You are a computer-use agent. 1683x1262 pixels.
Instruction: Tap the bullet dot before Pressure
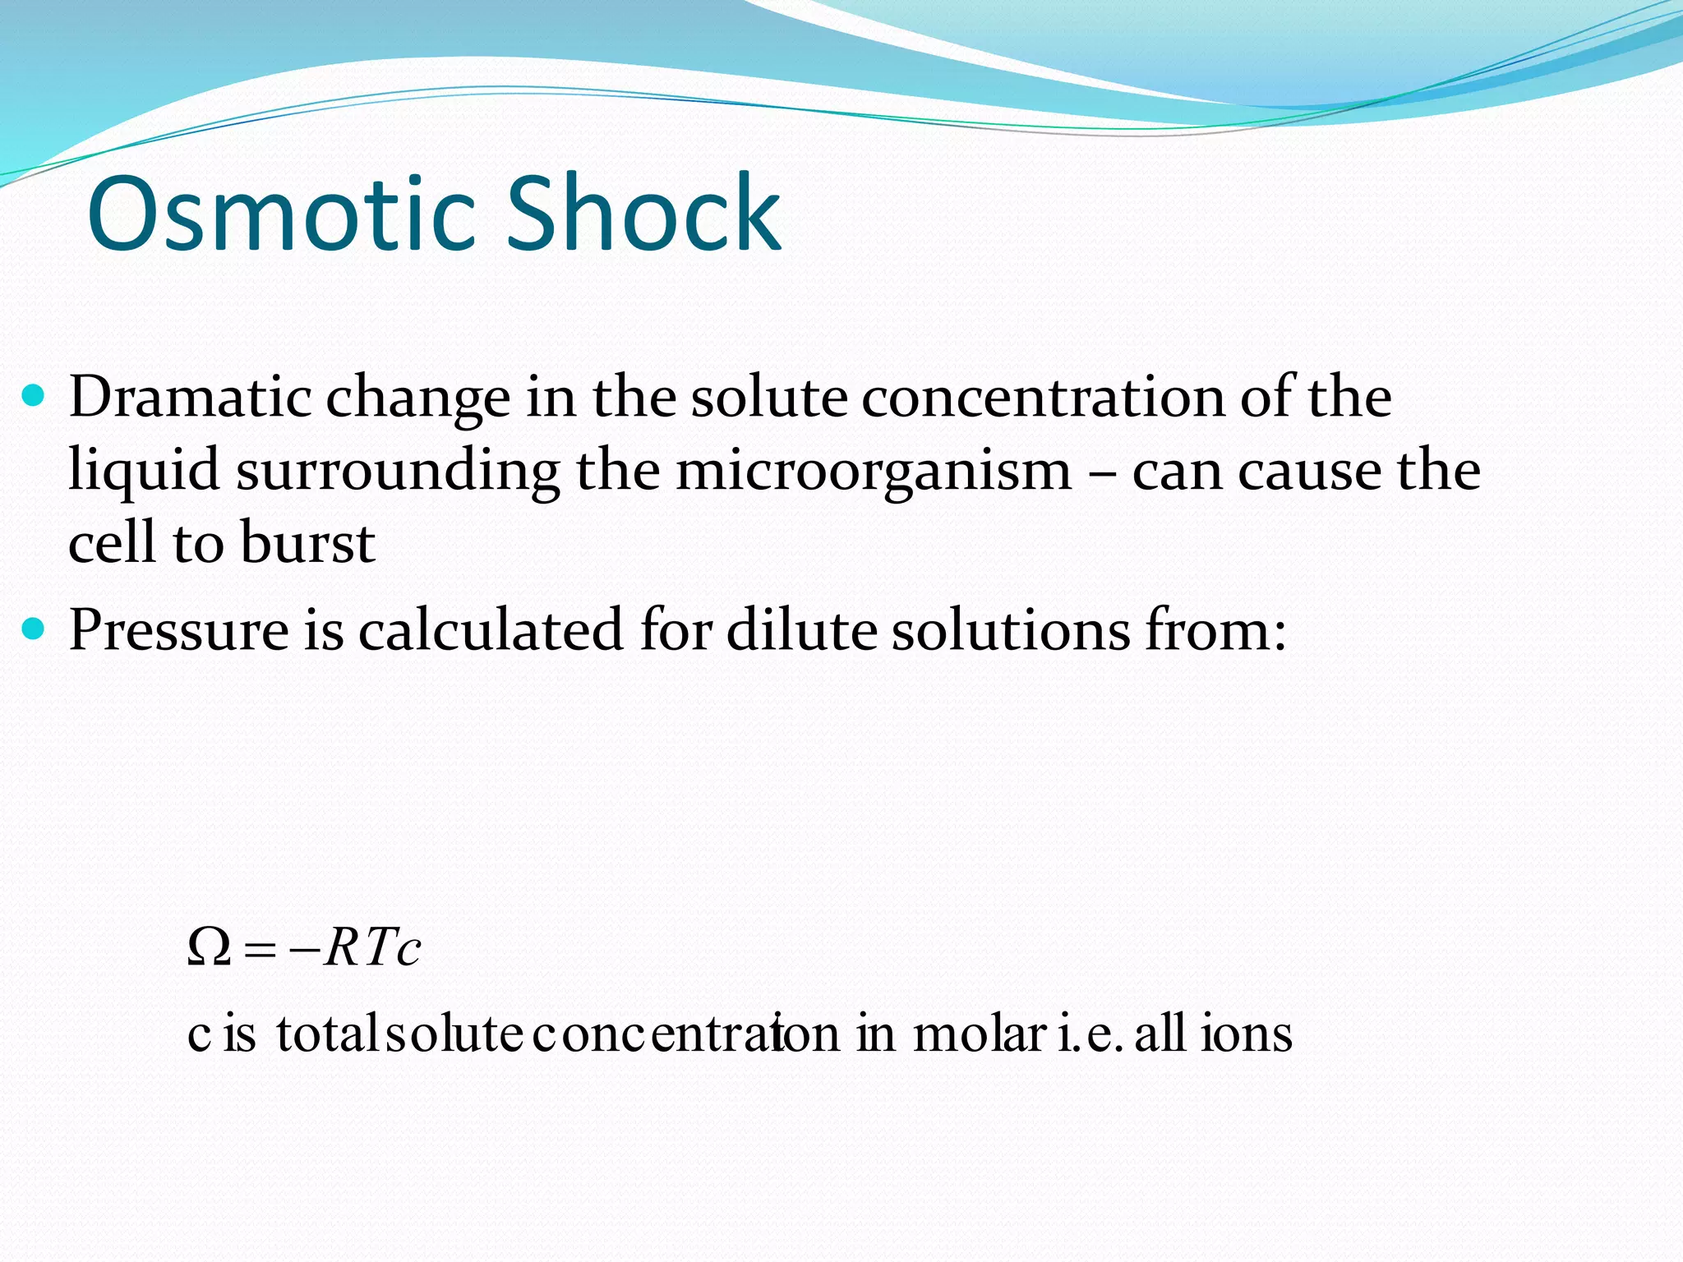33,630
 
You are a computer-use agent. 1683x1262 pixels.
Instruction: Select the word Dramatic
190,398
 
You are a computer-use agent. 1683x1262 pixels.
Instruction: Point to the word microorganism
873,472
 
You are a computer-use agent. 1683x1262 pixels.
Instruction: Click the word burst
308,543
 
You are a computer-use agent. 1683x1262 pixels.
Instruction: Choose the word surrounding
398,472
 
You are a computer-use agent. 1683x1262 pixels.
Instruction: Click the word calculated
490,630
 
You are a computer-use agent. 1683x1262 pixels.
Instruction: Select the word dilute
802,630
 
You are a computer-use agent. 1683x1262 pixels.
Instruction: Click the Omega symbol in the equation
209,948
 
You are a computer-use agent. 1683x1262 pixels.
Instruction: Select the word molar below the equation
979,1034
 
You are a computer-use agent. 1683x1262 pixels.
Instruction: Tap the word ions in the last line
1247,1034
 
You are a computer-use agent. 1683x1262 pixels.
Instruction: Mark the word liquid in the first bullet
144,472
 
